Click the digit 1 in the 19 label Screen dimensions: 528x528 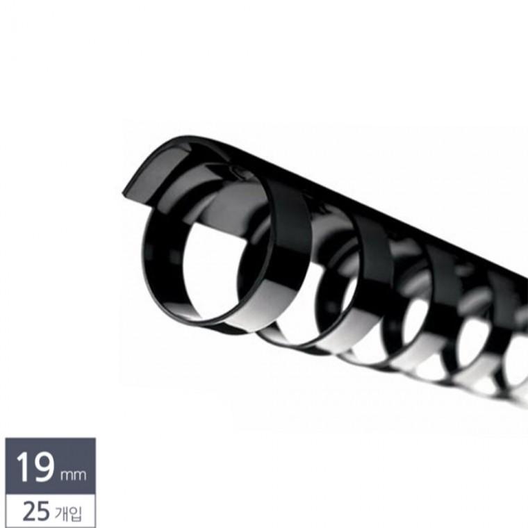point(23,467)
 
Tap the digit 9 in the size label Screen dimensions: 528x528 point(43,467)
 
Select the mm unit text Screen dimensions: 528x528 point(73,475)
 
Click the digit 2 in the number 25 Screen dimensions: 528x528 point(29,511)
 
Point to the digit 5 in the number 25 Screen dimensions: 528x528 point(43,511)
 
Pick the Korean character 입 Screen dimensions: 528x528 point(75,513)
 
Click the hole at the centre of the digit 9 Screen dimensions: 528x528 point(42,462)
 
